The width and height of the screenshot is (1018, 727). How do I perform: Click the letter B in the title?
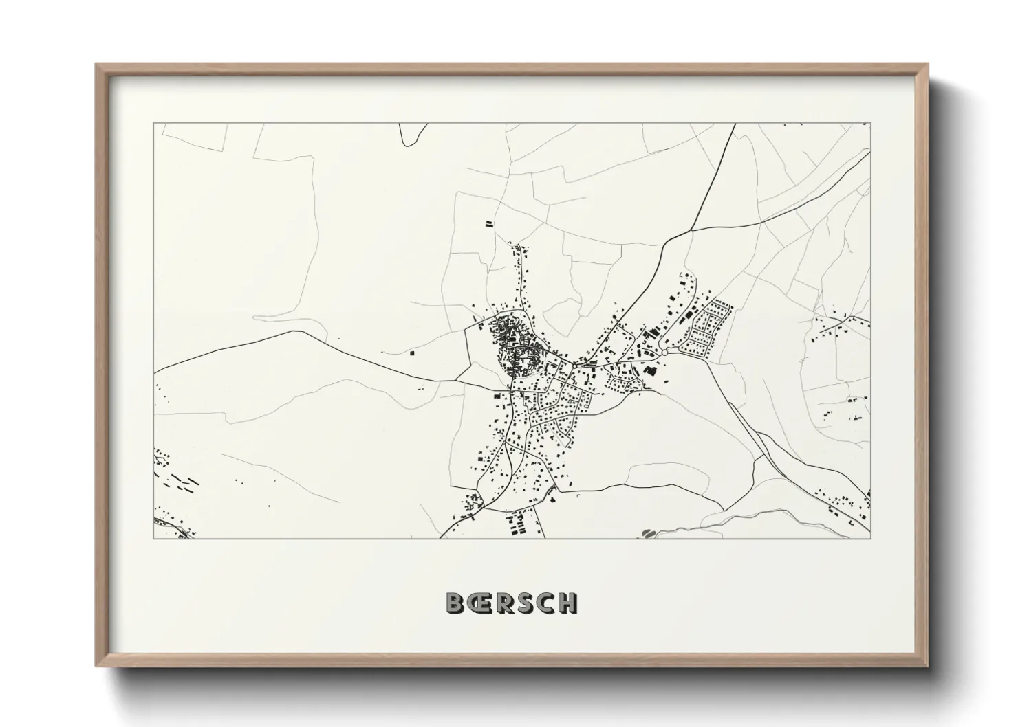click(455, 603)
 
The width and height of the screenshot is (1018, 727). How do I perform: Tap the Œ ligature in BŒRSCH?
click(478, 603)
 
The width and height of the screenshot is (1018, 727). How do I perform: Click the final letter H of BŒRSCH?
click(567, 603)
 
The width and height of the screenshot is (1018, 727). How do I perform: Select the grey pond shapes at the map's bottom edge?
click(648, 533)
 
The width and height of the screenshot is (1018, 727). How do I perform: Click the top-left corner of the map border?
click(154, 124)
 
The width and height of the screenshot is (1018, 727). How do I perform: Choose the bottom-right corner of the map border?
click(870, 538)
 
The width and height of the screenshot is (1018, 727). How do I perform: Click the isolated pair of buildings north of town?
click(489, 223)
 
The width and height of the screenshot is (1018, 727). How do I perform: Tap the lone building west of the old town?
click(412, 353)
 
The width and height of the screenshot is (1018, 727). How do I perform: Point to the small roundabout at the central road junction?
click(572, 362)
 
